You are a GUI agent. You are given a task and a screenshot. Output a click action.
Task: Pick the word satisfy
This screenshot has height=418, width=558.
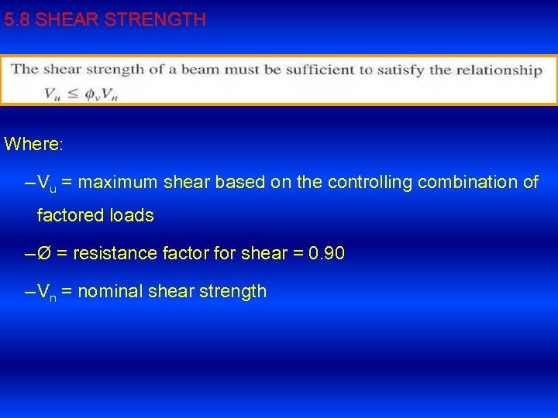[x=401, y=70]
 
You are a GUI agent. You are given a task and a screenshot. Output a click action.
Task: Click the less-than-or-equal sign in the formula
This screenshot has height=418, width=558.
[x=71, y=94]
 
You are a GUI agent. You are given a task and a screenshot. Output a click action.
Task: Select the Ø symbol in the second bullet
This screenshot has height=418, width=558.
[x=44, y=253]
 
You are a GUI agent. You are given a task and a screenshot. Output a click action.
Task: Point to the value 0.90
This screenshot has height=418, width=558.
[x=326, y=253]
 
